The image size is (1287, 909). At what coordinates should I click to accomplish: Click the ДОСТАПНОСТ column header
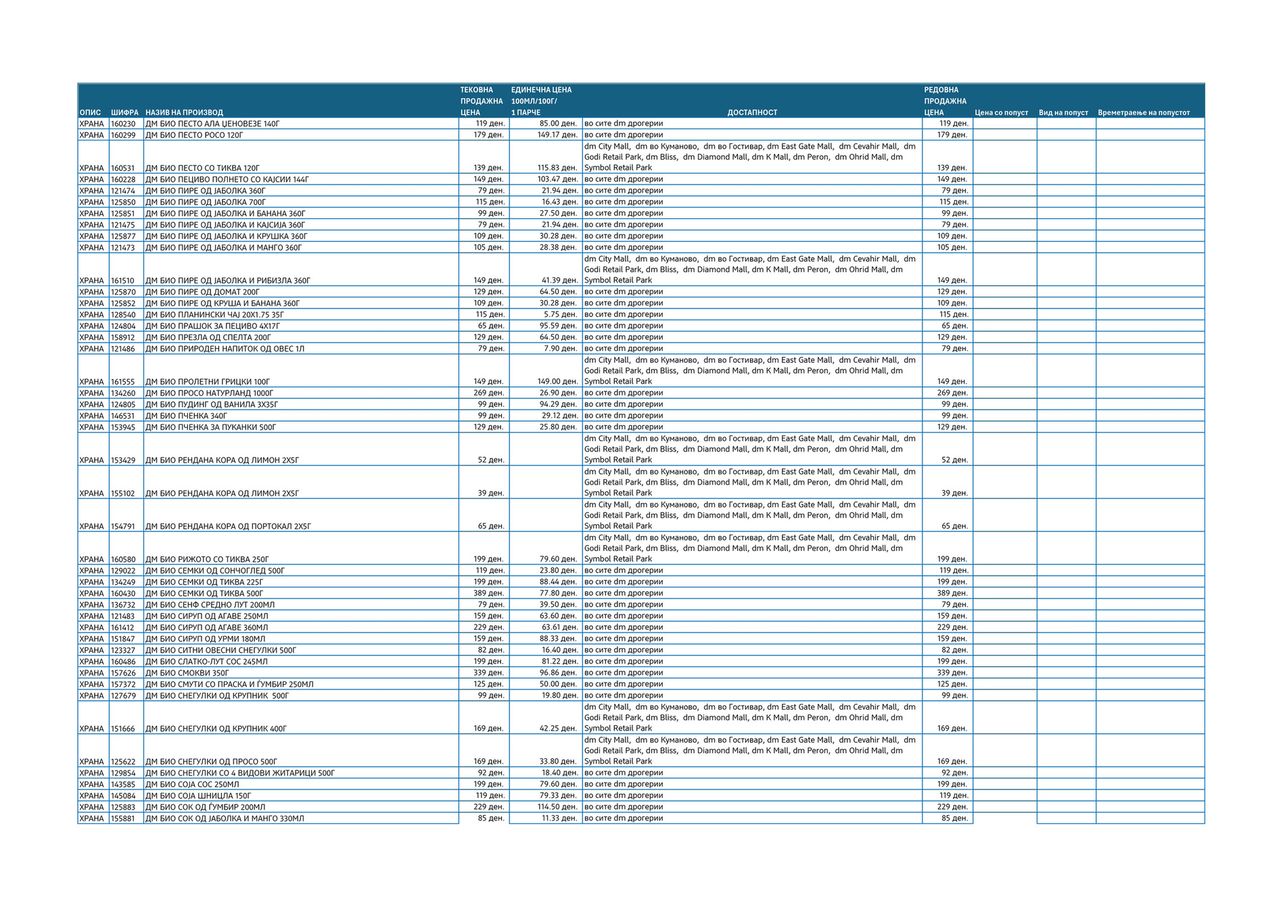[751, 112]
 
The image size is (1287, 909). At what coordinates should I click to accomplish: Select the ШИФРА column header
[124, 112]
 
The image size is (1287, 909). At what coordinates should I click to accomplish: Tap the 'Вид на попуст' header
[1063, 112]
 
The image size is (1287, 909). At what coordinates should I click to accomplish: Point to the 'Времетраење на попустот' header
[1143, 112]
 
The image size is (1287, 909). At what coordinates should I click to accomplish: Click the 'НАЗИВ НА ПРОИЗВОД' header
[184, 112]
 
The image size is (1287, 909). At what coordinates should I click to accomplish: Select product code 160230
[123, 124]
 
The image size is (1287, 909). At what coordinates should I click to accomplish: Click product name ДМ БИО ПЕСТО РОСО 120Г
[194, 135]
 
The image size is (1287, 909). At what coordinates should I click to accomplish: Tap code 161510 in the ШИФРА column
[123, 280]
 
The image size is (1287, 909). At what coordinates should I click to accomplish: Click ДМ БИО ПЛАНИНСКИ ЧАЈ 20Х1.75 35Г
[214, 314]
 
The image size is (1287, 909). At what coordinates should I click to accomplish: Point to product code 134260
[123, 393]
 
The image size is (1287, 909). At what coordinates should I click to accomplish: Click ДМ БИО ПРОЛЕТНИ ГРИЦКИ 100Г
[207, 382]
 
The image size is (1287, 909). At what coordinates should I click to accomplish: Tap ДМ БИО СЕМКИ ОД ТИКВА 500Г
[204, 593]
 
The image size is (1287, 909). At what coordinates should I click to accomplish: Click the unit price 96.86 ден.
[558, 672]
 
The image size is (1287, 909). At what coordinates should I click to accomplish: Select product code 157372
[123, 684]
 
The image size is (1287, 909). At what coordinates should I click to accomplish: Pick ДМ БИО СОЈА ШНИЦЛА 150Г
[198, 795]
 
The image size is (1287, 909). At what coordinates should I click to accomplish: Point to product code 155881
[123, 818]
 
